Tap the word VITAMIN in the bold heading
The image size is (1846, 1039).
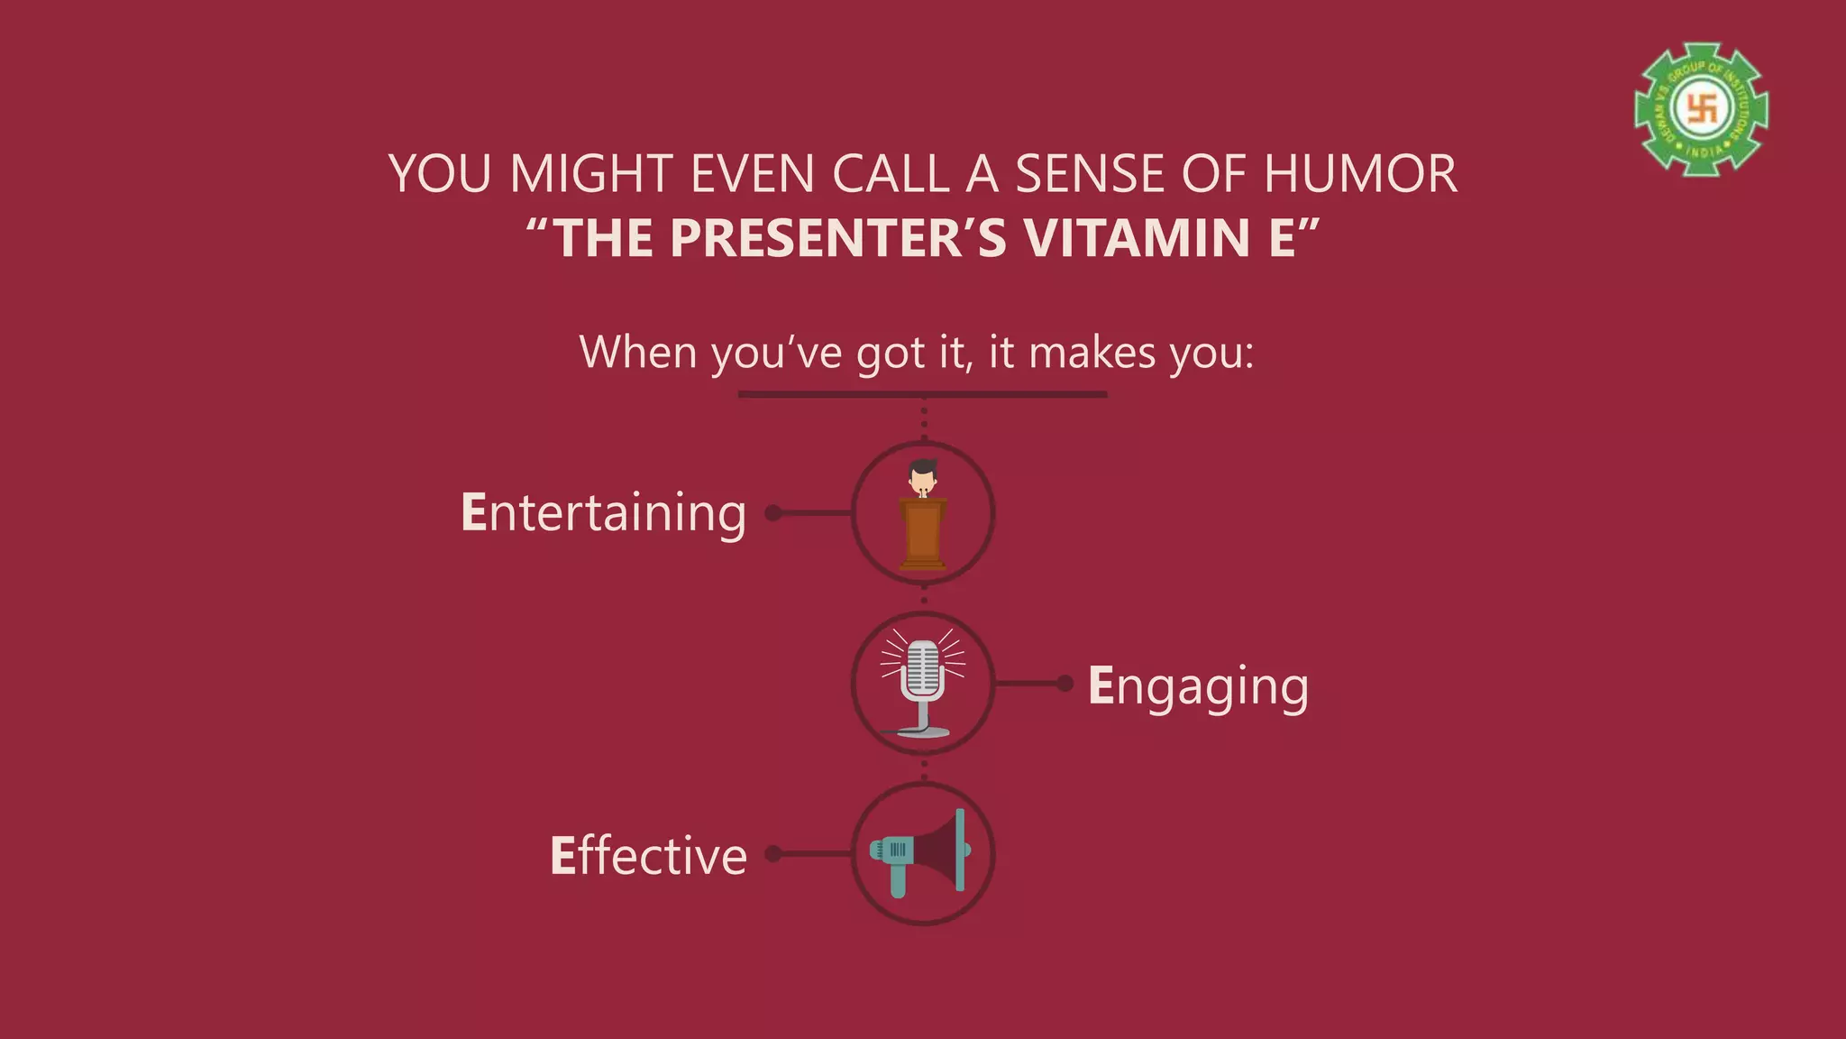(x=1138, y=238)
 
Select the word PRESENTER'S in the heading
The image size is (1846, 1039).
(x=837, y=238)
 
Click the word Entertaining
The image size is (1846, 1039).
(x=603, y=512)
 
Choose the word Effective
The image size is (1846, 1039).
(x=648, y=855)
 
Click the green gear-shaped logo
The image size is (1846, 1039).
(x=1701, y=109)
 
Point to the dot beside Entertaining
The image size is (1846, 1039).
(x=772, y=513)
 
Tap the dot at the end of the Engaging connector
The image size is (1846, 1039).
(x=1065, y=684)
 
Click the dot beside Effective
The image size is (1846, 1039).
(x=772, y=853)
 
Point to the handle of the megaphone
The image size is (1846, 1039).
(x=898, y=881)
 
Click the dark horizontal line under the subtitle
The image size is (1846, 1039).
(x=922, y=394)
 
